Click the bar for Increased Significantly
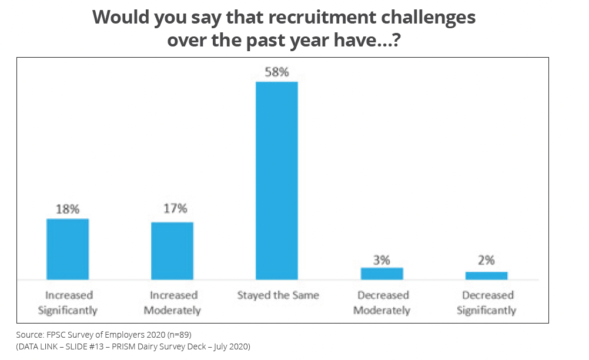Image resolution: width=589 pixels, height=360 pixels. coord(68,249)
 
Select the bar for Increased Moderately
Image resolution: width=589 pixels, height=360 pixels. coord(172,251)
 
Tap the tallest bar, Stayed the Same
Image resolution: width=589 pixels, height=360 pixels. coord(276,180)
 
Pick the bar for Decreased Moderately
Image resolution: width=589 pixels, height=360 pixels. coord(381,274)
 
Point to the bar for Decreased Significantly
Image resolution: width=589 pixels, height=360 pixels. coord(486,275)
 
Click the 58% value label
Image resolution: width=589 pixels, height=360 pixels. coord(276,72)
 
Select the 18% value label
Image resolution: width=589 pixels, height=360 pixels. coord(68,209)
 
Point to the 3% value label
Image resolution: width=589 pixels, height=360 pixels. coord(381,259)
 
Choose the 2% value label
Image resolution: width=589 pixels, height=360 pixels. coord(486,260)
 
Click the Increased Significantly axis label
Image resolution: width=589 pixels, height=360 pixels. coord(68,302)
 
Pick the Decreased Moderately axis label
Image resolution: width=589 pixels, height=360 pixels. coord(381,302)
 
